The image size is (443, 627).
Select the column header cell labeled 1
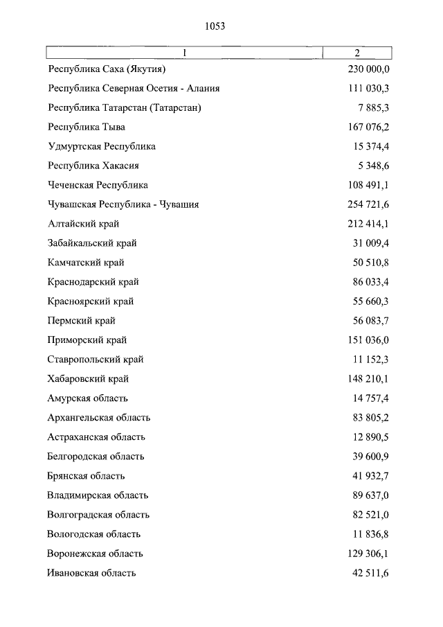click(x=185, y=53)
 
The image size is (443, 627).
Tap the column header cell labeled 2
click(x=357, y=53)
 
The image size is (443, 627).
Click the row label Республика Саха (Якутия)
click(x=107, y=69)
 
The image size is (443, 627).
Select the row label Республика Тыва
click(x=87, y=127)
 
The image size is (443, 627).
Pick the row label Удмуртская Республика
click(x=102, y=147)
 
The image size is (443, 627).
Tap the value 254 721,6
click(x=369, y=205)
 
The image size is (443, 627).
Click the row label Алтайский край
click(x=84, y=224)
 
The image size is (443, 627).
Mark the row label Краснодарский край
click(x=93, y=283)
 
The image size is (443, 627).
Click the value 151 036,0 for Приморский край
click(x=369, y=341)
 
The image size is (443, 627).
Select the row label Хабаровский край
click(x=89, y=380)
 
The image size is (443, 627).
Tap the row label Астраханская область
click(x=96, y=438)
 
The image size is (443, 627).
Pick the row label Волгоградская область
click(x=98, y=515)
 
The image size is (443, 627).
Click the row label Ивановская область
click(x=92, y=574)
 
